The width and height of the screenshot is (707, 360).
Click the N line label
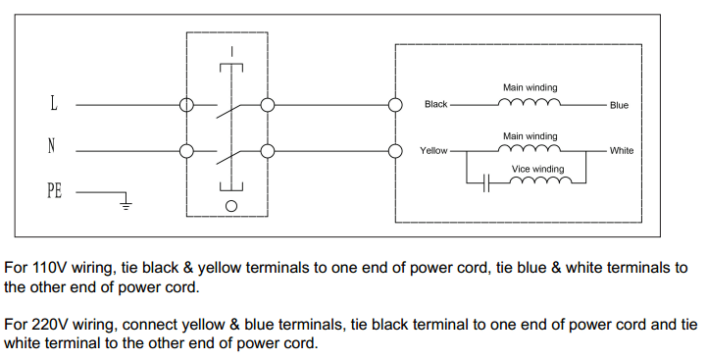point(51,146)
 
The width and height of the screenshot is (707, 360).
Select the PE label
point(54,191)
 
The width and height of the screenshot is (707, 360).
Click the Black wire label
point(435,104)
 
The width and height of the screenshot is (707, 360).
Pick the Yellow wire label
point(433,151)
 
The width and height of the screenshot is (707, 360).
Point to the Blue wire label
point(619,105)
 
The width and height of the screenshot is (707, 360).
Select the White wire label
point(621,151)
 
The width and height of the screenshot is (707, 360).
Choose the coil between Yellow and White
point(530,149)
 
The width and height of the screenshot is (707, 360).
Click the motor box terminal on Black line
point(395,104)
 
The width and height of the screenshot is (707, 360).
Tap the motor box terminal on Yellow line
point(395,150)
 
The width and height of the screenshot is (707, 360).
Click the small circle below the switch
point(231,206)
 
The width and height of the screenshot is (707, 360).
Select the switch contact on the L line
point(227,108)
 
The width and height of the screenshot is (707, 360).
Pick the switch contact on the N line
point(227,154)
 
